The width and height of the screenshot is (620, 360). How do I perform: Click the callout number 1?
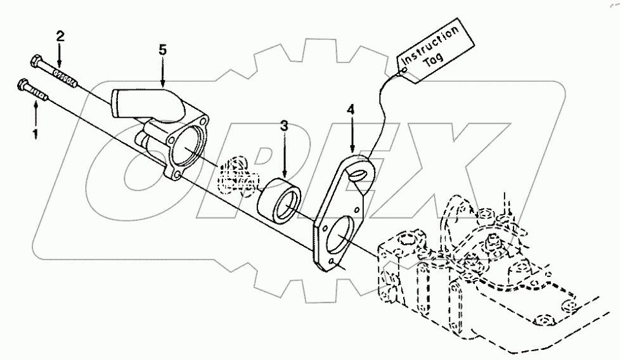pos(35,134)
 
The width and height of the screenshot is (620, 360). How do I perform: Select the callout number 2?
pos(60,35)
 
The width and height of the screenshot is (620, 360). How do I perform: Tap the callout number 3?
pos(285,125)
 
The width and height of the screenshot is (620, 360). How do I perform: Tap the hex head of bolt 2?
pos(36,61)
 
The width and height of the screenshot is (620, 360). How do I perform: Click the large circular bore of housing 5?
pos(185,147)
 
